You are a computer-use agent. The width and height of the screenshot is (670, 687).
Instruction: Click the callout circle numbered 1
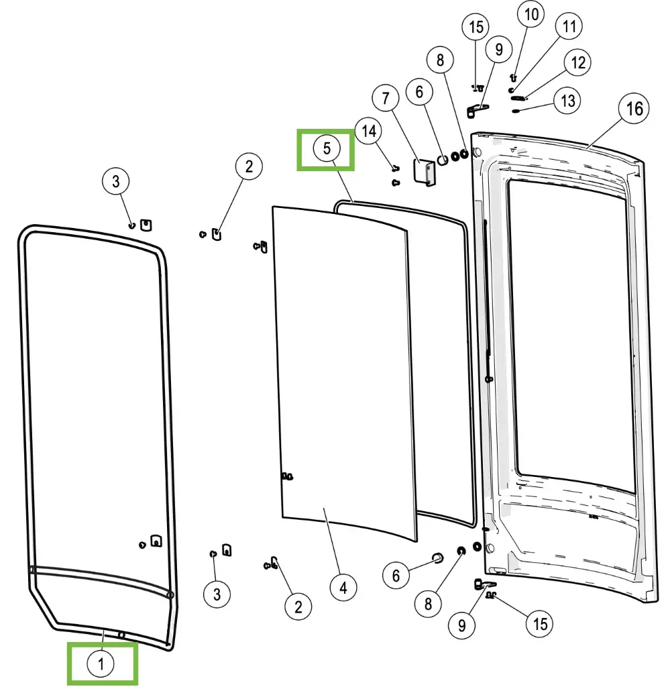pos(101,664)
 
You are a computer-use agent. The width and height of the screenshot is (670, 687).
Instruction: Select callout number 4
pos(343,588)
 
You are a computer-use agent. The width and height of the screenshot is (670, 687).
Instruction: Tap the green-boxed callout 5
pos(327,148)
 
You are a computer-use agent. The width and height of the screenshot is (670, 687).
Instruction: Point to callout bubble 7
pos(386,99)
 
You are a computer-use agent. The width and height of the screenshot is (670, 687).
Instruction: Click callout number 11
pos(569,27)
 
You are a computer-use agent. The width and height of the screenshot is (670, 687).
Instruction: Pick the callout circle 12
pos(578,63)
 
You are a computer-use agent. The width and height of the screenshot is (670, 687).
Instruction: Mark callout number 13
pos(567,101)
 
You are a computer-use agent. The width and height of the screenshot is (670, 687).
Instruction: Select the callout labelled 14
pos(370,131)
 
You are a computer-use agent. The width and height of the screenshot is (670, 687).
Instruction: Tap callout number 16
pos(634,109)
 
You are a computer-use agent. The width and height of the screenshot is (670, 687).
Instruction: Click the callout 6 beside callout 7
pos(420,92)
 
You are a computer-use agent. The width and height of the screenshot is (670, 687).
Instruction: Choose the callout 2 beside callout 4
pos(298,607)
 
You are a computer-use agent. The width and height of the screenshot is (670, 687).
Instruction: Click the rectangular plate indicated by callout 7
pos(425,172)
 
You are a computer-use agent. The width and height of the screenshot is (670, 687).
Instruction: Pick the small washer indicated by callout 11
pos(512,90)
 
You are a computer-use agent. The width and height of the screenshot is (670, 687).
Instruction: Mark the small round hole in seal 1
pos(121,635)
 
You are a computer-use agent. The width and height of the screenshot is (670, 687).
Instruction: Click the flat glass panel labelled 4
pos(342,369)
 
